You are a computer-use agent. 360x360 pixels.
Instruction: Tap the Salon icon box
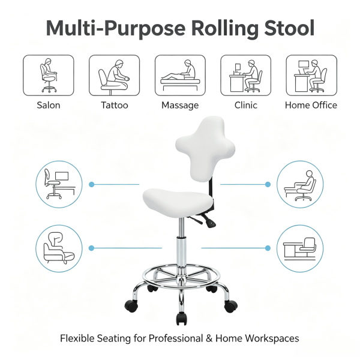coord(49,76)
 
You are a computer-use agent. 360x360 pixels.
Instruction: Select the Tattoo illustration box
coord(115,76)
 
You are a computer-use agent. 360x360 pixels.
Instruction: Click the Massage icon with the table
coord(180,76)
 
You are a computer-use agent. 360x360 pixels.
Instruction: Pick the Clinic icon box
coord(245,76)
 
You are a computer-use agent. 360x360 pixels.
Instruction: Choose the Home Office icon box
coord(311,76)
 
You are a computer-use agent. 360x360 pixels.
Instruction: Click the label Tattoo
coord(115,105)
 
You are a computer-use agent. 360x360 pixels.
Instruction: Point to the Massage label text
coord(180,106)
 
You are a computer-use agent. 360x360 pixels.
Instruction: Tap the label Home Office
coord(311,105)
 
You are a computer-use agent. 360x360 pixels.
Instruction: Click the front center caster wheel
coord(181,319)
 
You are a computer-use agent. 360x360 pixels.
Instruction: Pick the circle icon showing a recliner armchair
coord(59,248)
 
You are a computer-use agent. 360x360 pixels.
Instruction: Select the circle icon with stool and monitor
coord(59,184)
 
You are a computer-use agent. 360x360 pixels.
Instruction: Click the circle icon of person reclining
coord(300,184)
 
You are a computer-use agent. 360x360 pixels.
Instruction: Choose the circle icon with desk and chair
coord(300,248)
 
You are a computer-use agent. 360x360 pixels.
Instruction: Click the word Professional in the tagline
coord(176,338)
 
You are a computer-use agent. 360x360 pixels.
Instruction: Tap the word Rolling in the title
coord(225,29)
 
